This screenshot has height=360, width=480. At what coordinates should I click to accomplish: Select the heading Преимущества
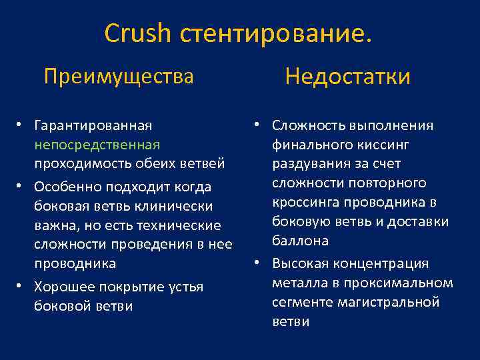[119, 77]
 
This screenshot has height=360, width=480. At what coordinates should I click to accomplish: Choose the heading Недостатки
[347, 77]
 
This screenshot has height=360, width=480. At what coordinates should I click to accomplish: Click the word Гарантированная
[93, 125]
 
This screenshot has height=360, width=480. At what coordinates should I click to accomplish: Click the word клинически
[179, 207]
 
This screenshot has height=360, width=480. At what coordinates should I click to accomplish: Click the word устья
[187, 287]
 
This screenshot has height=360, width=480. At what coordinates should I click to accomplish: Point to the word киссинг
[386, 145]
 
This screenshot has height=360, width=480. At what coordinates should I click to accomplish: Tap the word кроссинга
[303, 203]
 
